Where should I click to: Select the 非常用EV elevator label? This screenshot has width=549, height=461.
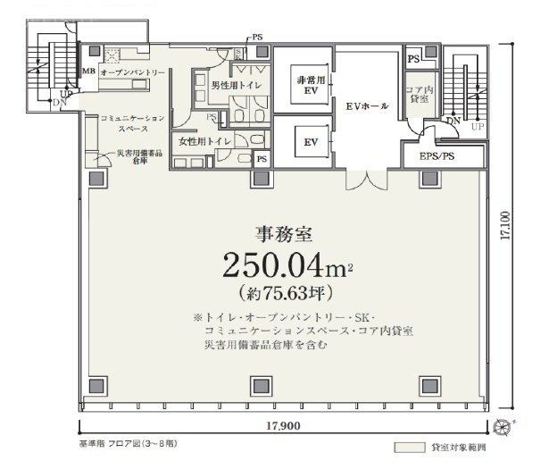coord(304,86)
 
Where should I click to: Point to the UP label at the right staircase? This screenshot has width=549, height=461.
coord(477,127)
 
